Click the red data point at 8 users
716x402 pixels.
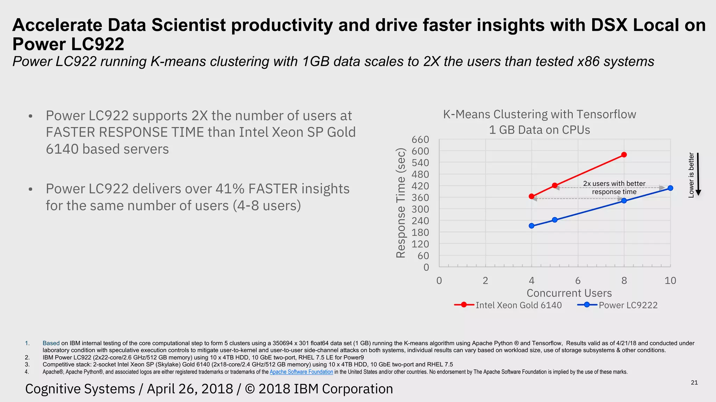pos(624,155)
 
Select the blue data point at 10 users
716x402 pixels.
pos(670,188)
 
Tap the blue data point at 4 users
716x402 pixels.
pos(532,226)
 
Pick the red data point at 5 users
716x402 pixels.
pos(555,185)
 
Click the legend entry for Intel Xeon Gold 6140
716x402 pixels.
pos(508,305)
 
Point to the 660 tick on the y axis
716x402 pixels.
pos(420,140)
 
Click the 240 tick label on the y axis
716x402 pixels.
pos(420,221)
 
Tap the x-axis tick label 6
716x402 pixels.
pos(578,281)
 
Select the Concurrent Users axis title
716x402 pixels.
pos(569,293)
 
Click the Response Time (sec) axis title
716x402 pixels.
pos(401,203)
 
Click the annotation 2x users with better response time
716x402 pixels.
pos(614,188)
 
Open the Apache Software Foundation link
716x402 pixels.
pos(301,372)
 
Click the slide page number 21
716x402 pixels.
pos(694,382)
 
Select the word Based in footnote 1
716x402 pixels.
pos(51,343)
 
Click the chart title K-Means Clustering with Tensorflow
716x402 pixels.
pos(539,114)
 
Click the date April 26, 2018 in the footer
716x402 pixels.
pos(190,389)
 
